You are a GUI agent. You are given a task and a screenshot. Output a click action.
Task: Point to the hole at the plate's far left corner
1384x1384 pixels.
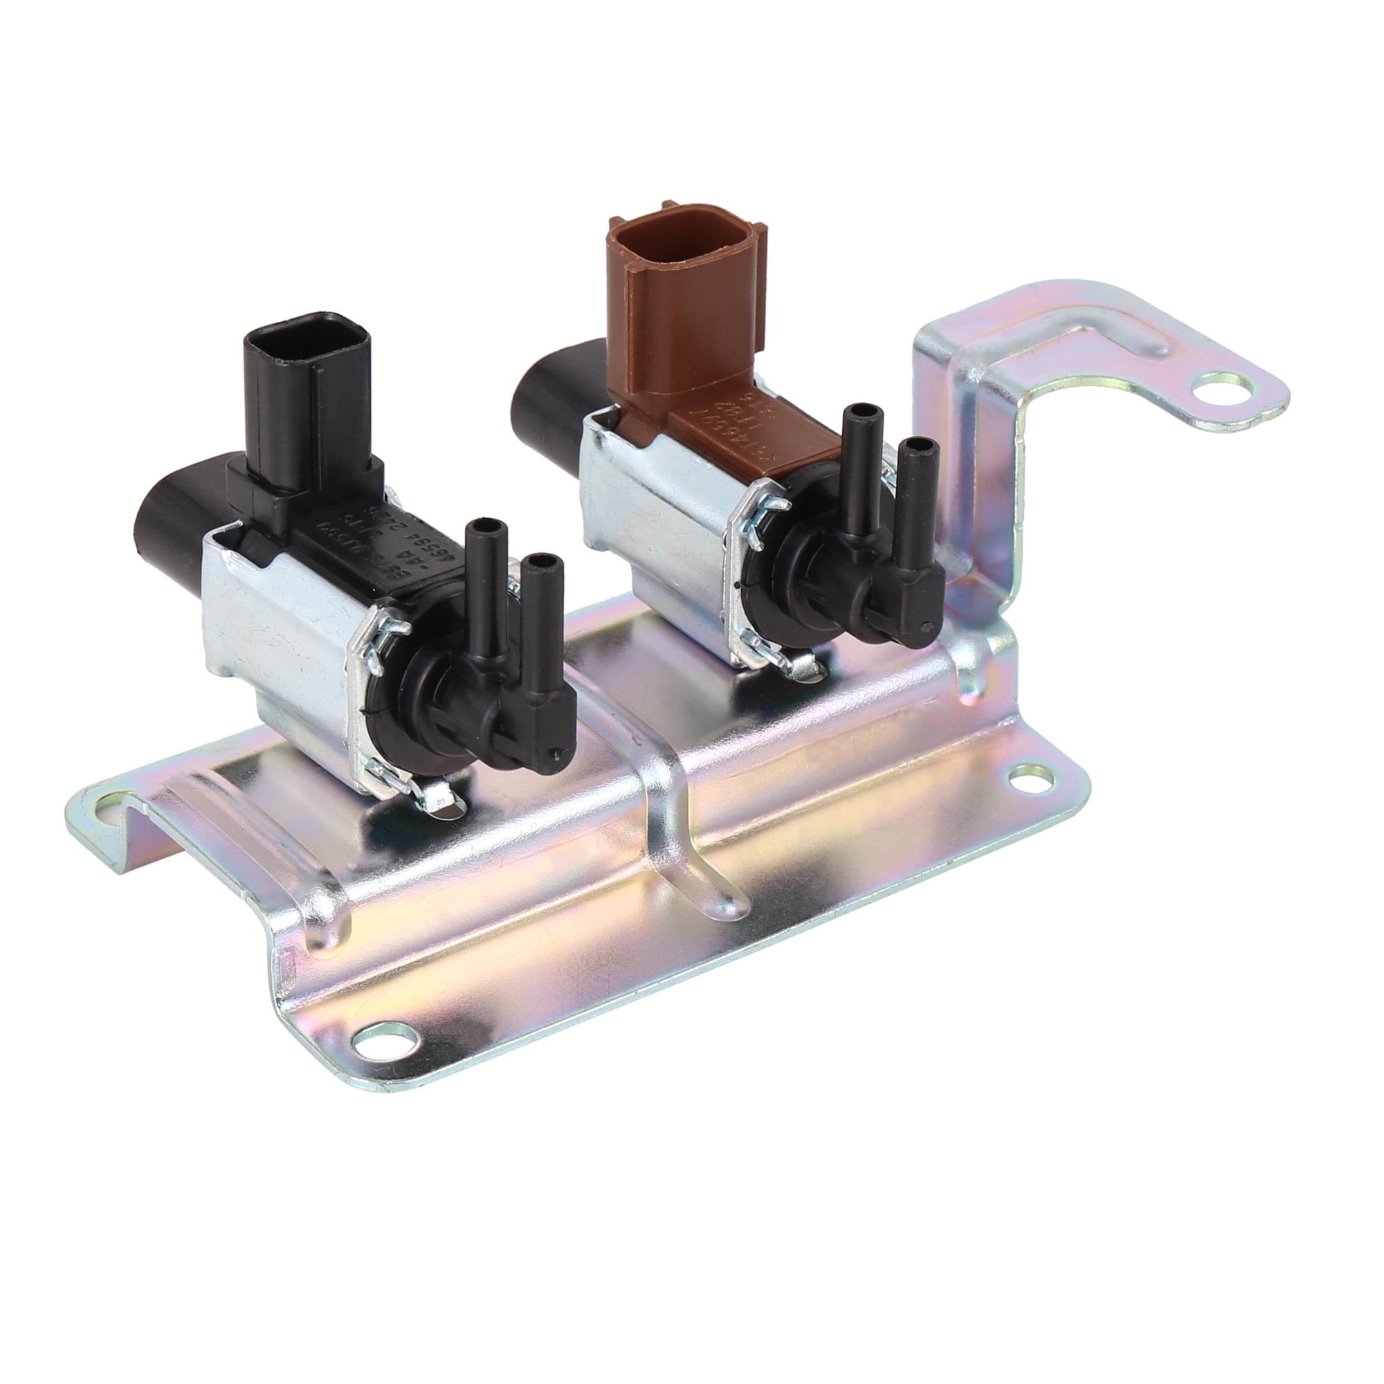pyautogui.click(x=107, y=823)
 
